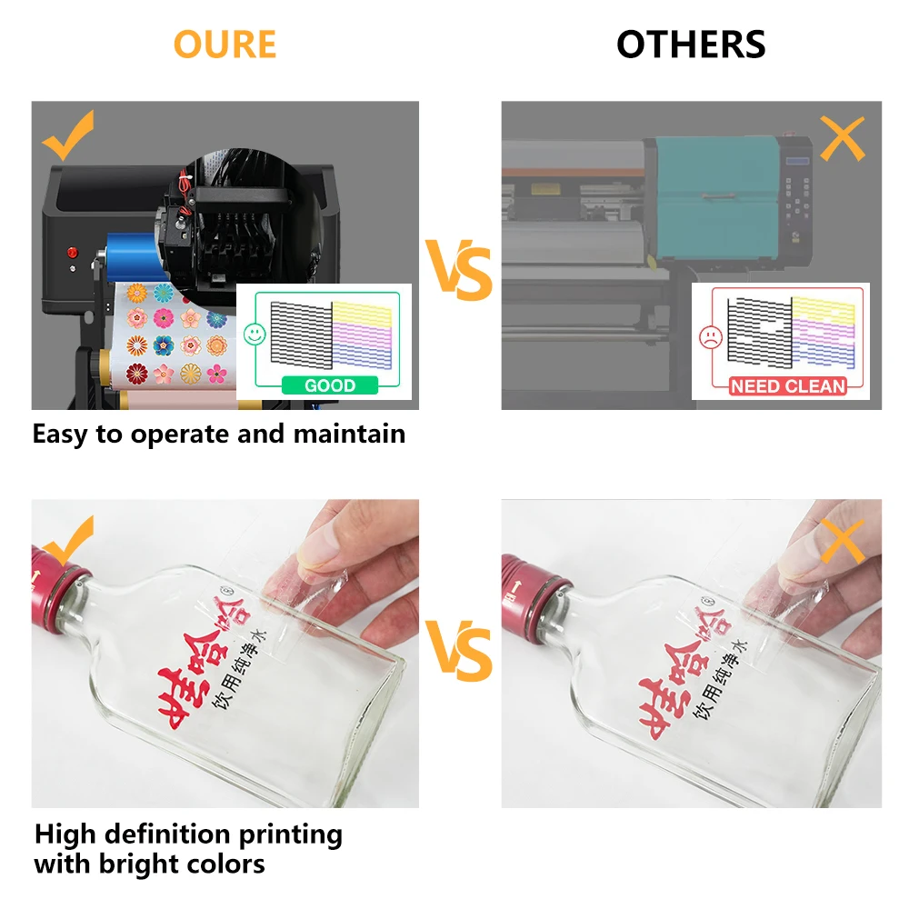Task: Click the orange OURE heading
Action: point(225,44)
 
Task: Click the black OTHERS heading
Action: point(691,44)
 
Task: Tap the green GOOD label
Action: point(329,385)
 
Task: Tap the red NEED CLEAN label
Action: point(787,385)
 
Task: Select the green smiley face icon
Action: point(255,335)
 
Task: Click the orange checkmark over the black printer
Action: point(68,135)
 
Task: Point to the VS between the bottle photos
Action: point(460,654)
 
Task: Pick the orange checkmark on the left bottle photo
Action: point(68,543)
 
